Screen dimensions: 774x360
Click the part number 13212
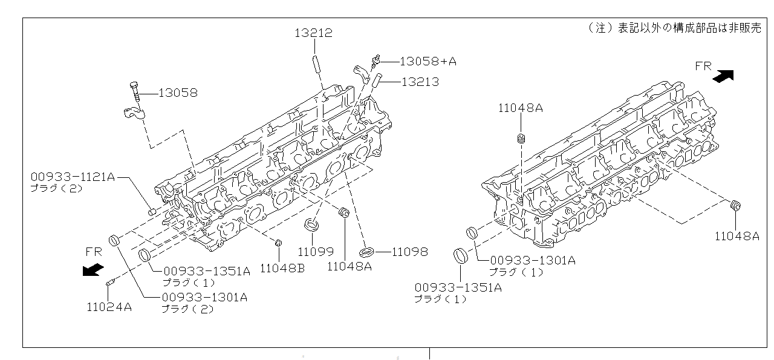[x=313, y=33]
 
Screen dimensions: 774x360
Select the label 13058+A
[x=428, y=62]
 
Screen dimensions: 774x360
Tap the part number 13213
[x=420, y=82]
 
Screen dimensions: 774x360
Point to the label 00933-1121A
[x=73, y=177]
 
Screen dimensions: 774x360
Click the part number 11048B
[x=282, y=269]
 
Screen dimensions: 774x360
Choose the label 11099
[x=316, y=252]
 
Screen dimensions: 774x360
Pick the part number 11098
[x=410, y=252]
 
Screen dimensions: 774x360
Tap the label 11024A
[x=109, y=307]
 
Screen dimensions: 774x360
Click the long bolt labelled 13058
[x=135, y=91]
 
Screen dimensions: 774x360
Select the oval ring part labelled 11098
[x=366, y=252]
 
